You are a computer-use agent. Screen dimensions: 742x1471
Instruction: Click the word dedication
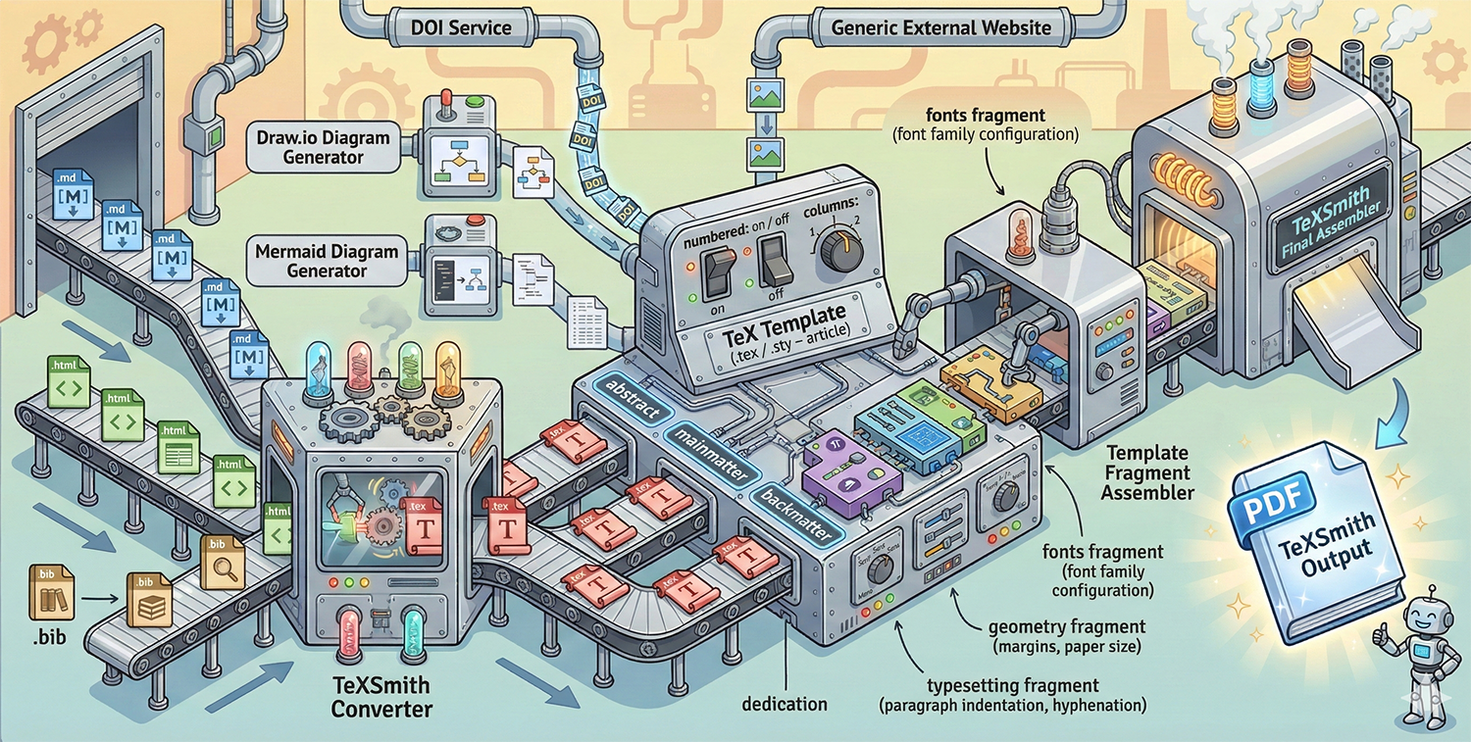pos(785,704)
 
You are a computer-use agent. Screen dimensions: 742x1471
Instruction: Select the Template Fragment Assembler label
pos(1147,472)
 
